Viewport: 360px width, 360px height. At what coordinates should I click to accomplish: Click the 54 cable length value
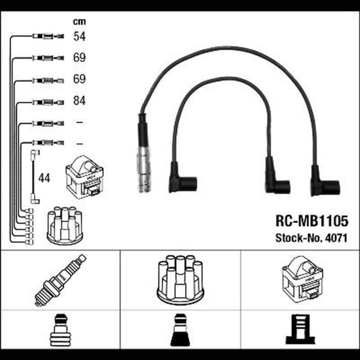tap(79, 36)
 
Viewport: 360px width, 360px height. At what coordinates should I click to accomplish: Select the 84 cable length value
tap(79, 101)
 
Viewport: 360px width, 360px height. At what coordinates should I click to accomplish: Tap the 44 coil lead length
tap(44, 178)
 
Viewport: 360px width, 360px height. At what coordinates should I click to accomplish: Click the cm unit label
tap(79, 22)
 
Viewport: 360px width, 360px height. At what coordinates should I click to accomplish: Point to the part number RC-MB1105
tap(312, 221)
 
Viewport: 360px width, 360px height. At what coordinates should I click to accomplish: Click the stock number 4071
tap(336, 238)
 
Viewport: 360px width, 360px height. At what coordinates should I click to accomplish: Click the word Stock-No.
tap(299, 238)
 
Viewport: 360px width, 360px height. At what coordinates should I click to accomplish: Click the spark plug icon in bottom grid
tap(61, 280)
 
